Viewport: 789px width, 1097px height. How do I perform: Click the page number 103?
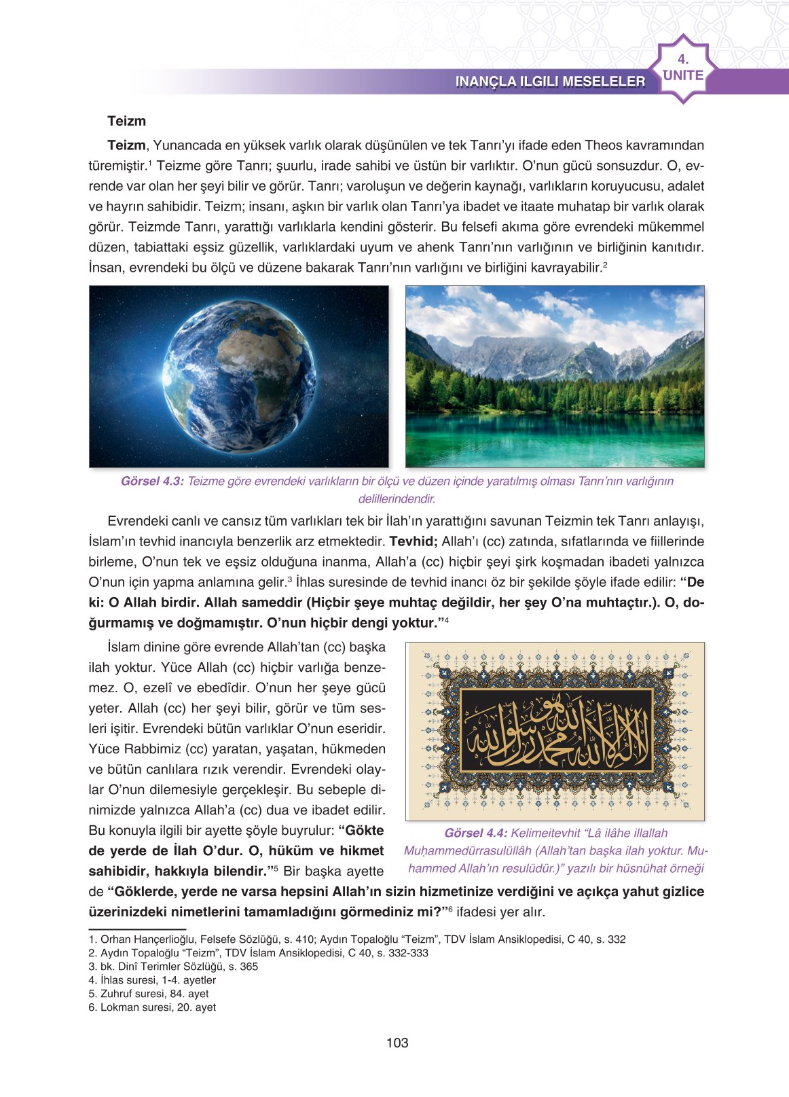[x=397, y=1043]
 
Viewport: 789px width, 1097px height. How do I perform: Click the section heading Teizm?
[x=126, y=122]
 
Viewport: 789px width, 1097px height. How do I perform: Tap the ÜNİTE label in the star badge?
[x=683, y=75]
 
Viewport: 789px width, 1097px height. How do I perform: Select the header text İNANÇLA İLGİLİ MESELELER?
[x=550, y=82]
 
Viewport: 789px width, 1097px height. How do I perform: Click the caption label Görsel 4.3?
[x=152, y=482]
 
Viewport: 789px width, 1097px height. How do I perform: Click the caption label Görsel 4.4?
[x=475, y=833]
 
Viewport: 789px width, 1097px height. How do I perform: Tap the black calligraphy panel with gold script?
[x=556, y=730]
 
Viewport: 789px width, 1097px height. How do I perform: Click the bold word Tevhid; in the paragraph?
[x=413, y=541]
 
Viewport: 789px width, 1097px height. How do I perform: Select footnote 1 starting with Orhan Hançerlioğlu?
[x=356, y=939]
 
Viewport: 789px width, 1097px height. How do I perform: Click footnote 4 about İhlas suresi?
[x=152, y=980]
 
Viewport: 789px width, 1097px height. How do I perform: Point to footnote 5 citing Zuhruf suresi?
[x=149, y=994]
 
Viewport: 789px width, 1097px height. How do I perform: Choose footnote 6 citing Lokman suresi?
[x=152, y=1007]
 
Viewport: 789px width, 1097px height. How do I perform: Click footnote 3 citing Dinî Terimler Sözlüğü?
[x=173, y=967]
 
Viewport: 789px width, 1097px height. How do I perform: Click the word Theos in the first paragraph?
[x=603, y=145]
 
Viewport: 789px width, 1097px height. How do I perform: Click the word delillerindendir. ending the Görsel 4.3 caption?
[x=397, y=499]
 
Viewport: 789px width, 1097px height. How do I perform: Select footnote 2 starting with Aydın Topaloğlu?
[x=258, y=953]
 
